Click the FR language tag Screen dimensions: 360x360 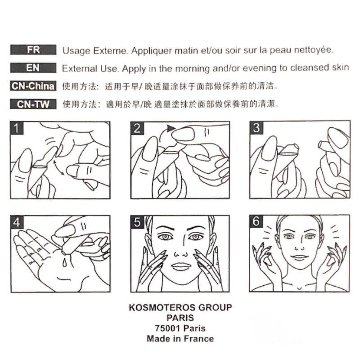33,49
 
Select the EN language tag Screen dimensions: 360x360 33,68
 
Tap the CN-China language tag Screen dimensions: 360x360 33,86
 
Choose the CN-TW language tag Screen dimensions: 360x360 33,104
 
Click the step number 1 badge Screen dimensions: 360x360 17,128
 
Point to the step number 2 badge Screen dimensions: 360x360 137,128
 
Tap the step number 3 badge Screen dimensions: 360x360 256,128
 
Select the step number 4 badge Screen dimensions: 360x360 17,222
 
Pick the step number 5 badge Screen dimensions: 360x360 137,222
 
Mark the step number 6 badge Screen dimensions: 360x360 256,221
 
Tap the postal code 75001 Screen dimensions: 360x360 167,328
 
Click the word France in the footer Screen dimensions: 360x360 199,339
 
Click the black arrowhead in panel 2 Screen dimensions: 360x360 171,128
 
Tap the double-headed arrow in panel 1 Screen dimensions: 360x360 59,168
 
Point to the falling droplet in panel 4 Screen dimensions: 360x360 65,263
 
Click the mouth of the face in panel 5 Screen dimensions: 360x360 181,267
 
